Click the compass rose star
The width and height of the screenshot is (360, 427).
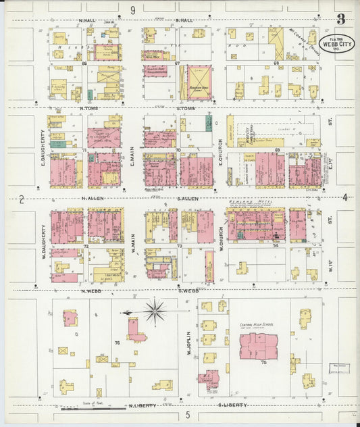(x=155, y=311)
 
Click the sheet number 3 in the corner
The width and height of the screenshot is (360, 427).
(x=340, y=19)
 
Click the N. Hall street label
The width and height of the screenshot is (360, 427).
(x=88, y=21)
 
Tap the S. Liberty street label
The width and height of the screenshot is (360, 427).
(x=232, y=405)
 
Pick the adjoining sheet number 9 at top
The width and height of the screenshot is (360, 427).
(x=133, y=9)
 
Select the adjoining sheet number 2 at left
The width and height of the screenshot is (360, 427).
(x=22, y=199)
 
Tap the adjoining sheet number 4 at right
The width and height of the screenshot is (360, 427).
(x=344, y=197)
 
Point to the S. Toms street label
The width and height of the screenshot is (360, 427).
(x=185, y=108)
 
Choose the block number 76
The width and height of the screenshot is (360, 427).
(x=117, y=343)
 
